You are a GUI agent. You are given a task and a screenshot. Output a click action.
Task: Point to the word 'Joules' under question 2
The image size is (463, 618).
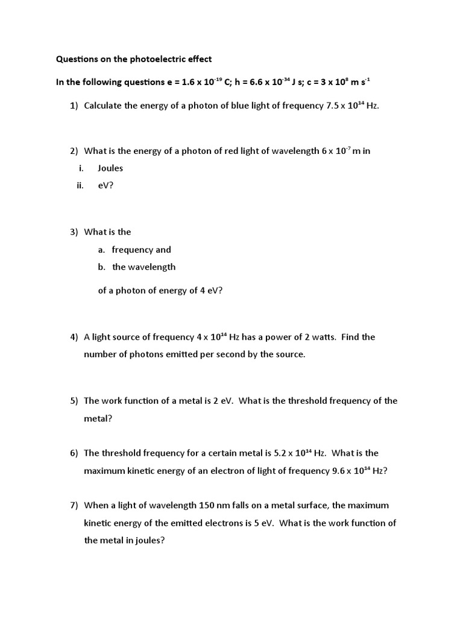coord(110,168)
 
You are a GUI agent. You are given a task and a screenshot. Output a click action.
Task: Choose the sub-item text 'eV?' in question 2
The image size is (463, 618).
coord(106,185)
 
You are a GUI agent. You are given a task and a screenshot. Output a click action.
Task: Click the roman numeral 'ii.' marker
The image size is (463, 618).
coord(79,185)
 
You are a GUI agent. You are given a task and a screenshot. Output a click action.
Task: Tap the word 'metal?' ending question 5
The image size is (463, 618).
coord(98,418)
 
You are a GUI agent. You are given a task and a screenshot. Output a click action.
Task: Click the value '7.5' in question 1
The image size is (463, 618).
coord(333,106)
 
